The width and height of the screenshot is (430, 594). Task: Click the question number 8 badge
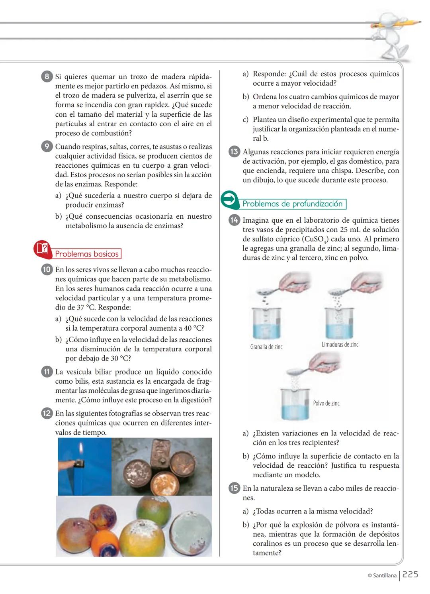(x=47, y=76)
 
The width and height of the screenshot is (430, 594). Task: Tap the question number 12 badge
(x=47, y=413)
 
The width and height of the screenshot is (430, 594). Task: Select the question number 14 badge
(x=234, y=220)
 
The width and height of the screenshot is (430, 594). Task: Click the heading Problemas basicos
(x=87, y=254)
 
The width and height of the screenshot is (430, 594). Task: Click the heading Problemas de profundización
(x=293, y=204)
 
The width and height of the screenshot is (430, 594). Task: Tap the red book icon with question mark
(x=42, y=249)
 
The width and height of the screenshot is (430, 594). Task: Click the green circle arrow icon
(x=229, y=200)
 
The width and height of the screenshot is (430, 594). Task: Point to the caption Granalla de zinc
(x=266, y=347)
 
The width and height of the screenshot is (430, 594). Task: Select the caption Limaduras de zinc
(x=340, y=345)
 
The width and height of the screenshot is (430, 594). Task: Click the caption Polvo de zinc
(x=326, y=403)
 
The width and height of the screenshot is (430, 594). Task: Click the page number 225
(x=410, y=574)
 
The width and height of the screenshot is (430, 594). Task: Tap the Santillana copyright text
(x=382, y=575)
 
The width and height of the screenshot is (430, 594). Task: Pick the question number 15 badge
(x=234, y=488)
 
